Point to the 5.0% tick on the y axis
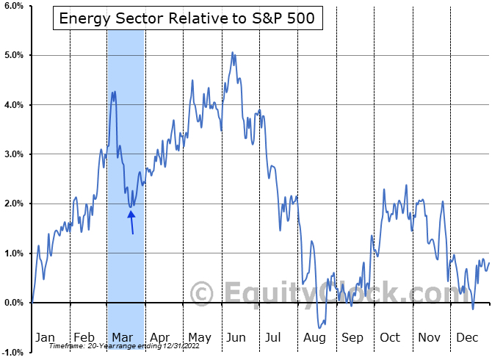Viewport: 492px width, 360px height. coord(14,55)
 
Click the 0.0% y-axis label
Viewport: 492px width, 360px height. coord(14,303)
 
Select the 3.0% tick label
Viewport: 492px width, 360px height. coord(14,154)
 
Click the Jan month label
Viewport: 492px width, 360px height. coord(46,337)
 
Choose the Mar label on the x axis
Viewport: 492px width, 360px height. coord(123,337)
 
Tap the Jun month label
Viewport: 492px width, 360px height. coord(236,337)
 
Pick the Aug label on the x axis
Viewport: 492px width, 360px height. coord(314,337)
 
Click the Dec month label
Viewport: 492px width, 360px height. coord(469,337)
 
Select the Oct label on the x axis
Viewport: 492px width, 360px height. coord(390,337)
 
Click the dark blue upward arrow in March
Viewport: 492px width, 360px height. coord(131,221)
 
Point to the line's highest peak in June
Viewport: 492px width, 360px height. coord(233,52)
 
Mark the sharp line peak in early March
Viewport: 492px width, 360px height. coord(115,92)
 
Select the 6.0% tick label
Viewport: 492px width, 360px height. coord(14,6)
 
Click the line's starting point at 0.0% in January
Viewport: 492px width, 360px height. coord(32,303)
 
